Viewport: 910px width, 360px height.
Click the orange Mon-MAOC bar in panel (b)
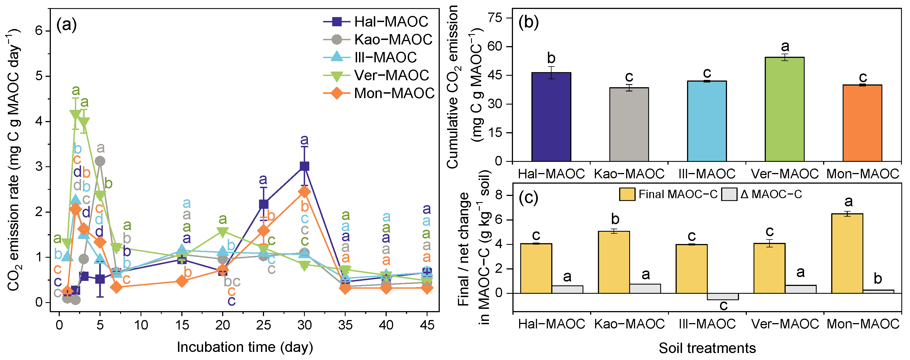point(862,123)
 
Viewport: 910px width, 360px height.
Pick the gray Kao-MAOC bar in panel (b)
point(629,124)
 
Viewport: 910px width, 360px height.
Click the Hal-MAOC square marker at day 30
point(304,166)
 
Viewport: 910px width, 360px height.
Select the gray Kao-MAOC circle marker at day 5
point(100,161)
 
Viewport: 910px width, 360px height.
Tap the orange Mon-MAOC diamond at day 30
point(304,192)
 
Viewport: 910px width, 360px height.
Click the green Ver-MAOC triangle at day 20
point(223,232)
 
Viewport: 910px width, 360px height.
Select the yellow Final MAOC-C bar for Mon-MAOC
point(847,253)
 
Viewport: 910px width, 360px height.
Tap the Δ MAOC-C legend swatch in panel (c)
point(729,194)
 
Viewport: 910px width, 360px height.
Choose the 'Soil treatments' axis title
point(707,348)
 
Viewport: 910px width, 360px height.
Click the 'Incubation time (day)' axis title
point(245,347)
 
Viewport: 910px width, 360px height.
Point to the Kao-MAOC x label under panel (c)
point(629,324)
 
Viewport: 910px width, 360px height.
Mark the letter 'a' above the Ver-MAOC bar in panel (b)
point(785,46)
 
